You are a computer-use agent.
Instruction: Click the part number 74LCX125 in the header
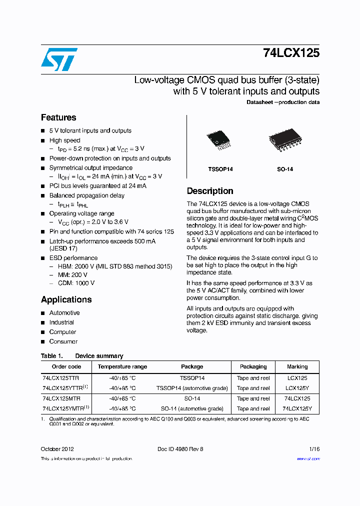tap(291, 53)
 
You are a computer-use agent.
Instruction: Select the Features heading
tap(58, 117)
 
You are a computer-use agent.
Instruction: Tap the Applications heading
tap(66, 299)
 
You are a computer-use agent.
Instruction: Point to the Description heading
tap(210, 191)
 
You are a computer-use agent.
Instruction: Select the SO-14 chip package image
tap(283, 140)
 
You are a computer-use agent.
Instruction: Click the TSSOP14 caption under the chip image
tap(220, 169)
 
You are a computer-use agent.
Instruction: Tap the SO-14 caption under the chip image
tap(285, 169)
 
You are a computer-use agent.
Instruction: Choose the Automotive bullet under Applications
tap(64, 313)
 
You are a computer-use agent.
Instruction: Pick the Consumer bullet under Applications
tap(63, 341)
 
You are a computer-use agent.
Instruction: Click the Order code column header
tap(66, 366)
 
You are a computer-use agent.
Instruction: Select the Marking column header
tap(297, 366)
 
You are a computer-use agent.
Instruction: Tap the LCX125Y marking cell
tap(297, 388)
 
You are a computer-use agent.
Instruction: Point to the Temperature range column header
tap(122, 366)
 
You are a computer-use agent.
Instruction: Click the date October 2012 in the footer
tap(57, 449)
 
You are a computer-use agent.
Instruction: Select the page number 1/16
tap(314, 449)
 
